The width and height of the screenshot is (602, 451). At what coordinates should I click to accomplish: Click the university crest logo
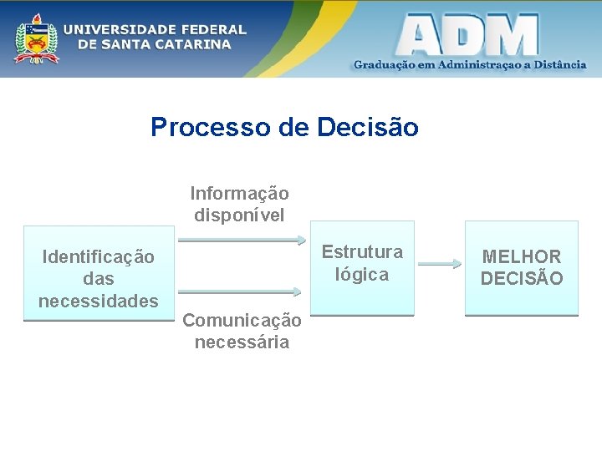coord(36,38)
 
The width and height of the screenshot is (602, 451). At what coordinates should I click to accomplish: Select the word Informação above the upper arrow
coord(239,194)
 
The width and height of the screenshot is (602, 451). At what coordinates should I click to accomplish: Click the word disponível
coord(239,215)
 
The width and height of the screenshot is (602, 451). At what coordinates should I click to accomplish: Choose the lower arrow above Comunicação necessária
coord(240,291)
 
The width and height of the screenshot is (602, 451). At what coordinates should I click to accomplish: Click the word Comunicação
coord(242,320)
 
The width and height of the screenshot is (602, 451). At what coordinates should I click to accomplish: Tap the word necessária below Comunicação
coord(242,342)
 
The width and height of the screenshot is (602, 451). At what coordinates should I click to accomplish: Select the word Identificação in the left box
coord(98,257)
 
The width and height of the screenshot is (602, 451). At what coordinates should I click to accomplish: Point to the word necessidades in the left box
coord(98,300)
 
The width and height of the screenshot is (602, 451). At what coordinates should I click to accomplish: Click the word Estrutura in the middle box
coord(362,251)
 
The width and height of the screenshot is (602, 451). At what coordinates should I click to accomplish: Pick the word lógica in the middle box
coord(362,274)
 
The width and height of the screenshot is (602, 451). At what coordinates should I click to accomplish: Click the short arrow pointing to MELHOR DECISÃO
coord(440,265)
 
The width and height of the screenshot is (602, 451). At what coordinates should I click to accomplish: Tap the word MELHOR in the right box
coord(522,256)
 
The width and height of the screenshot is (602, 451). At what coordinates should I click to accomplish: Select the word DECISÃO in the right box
coord(522,278)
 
